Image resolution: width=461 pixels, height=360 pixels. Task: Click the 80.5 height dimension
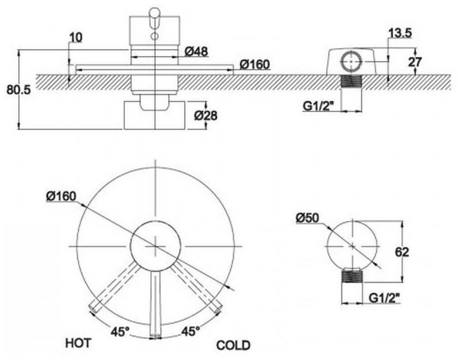(19, 90)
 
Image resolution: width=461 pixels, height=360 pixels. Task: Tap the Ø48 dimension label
(197, 52)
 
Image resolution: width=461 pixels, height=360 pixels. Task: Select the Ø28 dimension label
(206, 116)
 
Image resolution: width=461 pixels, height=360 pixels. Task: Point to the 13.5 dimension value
(400, 33)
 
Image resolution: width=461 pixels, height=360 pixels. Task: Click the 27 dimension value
(415, 62)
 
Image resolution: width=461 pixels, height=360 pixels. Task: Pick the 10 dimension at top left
(76, 38)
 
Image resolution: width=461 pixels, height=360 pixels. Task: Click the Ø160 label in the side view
(254, 64)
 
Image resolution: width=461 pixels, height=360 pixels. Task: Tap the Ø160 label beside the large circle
(61, 196)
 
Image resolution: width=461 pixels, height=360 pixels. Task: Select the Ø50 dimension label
(307, 218)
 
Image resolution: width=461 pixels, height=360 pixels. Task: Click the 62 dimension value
(402, 252)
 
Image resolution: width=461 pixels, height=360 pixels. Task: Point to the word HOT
(78, 343)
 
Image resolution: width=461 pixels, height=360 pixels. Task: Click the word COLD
(234, 345)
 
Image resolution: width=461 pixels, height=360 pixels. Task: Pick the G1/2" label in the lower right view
(385, 298)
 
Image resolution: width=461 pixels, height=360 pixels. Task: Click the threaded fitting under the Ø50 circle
(353, 275)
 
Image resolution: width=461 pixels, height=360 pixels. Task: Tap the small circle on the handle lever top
(155, 37)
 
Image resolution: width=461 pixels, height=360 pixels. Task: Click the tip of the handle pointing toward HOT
(93, 308)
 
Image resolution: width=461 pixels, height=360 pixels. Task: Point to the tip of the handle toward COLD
(217, 308)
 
